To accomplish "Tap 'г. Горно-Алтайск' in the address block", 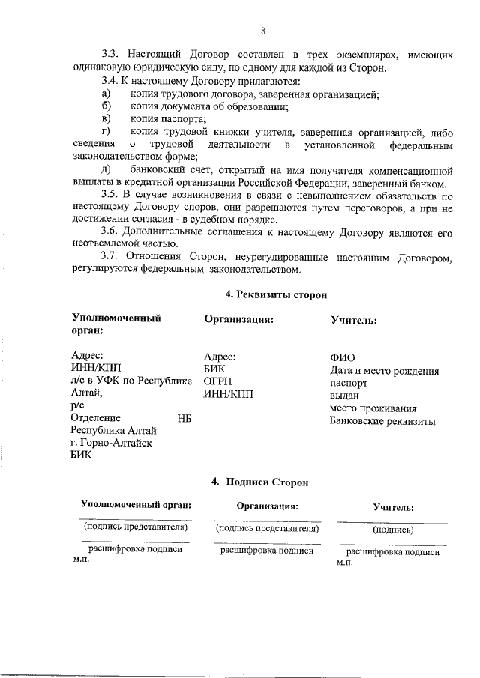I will [x=110, y=443].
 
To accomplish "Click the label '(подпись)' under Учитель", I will [x=392, y=529].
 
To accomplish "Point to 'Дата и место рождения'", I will [x=384, y=370].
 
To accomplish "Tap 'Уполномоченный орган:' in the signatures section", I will [x=135, y=506].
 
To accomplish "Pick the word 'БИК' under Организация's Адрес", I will [x=214, y=369].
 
